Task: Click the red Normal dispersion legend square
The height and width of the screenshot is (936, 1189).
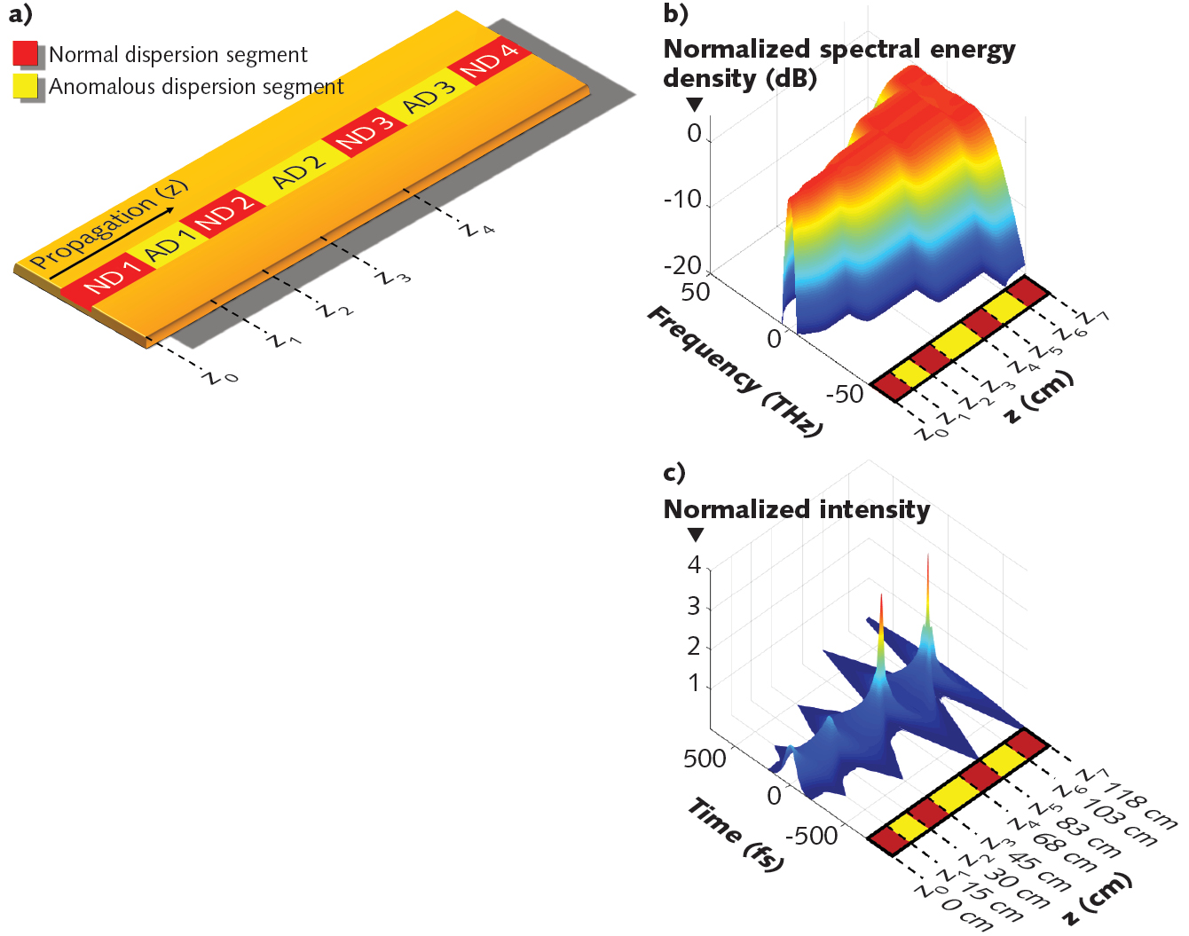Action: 26,54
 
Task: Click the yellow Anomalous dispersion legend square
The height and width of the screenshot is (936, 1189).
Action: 26,86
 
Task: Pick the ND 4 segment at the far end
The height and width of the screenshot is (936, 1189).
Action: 490,61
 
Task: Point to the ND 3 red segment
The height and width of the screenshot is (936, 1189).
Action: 364,133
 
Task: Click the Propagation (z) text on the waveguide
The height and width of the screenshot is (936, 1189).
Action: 108,224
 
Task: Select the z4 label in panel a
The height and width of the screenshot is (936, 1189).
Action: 477,229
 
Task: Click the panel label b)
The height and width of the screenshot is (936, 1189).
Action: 675,13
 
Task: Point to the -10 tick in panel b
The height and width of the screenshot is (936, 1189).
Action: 682,199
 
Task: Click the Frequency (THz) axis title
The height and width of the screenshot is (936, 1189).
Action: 735,371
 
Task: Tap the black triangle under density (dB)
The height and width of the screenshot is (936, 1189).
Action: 695,104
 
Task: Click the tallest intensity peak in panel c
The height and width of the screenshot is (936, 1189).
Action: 928,561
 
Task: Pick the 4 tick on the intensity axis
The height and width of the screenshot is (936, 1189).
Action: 694,564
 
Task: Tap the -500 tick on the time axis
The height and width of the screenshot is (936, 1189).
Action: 811,836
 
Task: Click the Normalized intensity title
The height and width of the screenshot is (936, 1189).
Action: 796,509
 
